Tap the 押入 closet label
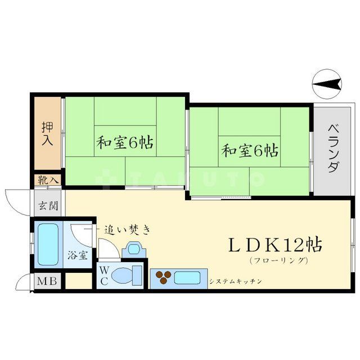pyautogui.click(x=47, y=133)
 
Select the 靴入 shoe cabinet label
pyautogui.click(x=47, y=180)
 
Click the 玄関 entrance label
pyautogui.click(x=48, y=205)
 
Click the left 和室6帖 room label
pyautogui.click(x=125, y=142)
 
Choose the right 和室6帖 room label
pyautogui.click(x=249, y=150)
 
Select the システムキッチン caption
pyautogui.click(x=235, y=280)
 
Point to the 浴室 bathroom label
pyautogui.click(x=78, y=255)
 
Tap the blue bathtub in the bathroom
pyautogui.click(x=47, y=245)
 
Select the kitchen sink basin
pyautogui.click(x=188, y=277)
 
